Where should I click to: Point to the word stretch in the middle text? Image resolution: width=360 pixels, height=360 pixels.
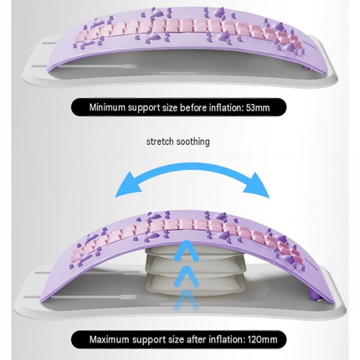click(x=160, y=141)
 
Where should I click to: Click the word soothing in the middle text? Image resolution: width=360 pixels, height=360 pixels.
click(x=193, y=141)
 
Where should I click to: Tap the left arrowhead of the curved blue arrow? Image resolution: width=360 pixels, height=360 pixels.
click(x=127, y=185)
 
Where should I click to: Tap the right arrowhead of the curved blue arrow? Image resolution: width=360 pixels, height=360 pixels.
click(x=256, y=185)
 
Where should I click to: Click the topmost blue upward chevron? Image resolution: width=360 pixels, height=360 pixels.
click(x=186, y=250)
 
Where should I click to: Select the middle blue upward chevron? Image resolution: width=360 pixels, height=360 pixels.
click(x=186, y=275)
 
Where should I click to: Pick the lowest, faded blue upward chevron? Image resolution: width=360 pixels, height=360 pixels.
click(x=186, y=300)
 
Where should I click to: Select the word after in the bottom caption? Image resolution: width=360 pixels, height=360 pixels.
click(x=196, y=339)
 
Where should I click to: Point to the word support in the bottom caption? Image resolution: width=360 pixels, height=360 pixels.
click(x=148, y=340)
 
